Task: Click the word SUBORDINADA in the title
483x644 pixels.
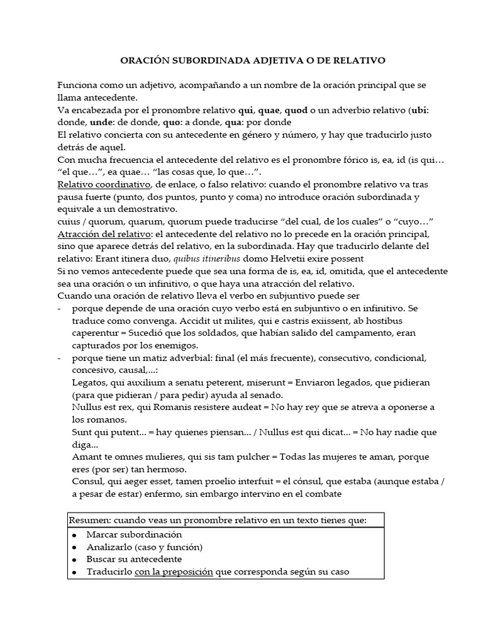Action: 201,60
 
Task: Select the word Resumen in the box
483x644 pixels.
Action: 90,519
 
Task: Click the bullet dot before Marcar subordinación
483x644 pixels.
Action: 74,535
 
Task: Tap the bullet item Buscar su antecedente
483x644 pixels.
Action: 135,559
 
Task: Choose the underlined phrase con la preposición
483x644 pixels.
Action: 174,572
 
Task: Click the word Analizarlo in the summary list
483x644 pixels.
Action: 112,547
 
